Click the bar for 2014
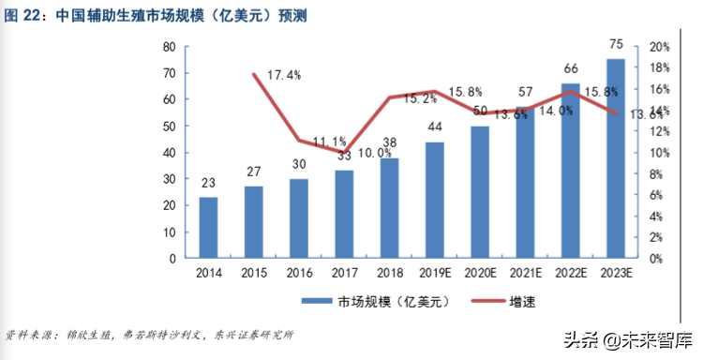208,227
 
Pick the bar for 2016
298,218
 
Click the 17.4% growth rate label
284,76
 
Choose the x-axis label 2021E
524,273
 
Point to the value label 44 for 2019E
435,127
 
